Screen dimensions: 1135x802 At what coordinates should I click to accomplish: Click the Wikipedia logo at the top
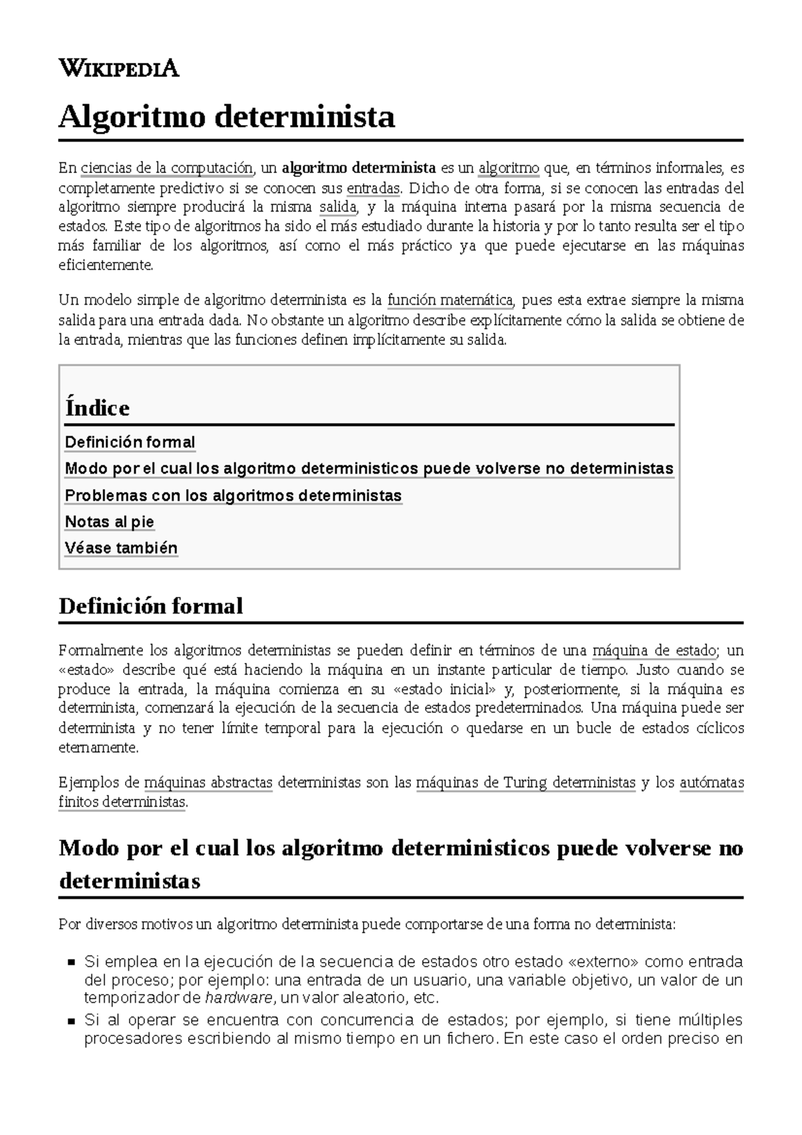(x=119, y=68)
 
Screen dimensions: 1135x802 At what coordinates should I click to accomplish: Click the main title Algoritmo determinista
(x=227, y=118)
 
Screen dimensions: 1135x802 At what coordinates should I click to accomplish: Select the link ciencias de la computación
(x=166, y=167)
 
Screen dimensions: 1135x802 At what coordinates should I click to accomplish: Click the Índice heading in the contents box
(x=98, y=408)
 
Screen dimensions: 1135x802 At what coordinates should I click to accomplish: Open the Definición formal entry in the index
(x=130, y=443)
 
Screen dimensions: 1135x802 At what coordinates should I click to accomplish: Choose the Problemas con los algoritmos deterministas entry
(x=233, y=496)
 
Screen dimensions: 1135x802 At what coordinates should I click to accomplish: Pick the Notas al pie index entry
(x=110, y=522)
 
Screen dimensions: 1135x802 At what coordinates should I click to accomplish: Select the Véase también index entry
(x=121, y=549)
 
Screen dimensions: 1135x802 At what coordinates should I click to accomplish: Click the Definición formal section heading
(x=151, y=606)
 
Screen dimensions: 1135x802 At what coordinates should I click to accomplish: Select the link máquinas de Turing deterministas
(x=525, y=783)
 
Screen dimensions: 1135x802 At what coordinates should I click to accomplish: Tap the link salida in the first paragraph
(x=338, y=207)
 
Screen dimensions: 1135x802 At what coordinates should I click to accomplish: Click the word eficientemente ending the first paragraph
(x=105, y=265)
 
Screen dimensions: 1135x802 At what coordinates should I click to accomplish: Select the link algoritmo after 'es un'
(x=509, y=167)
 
